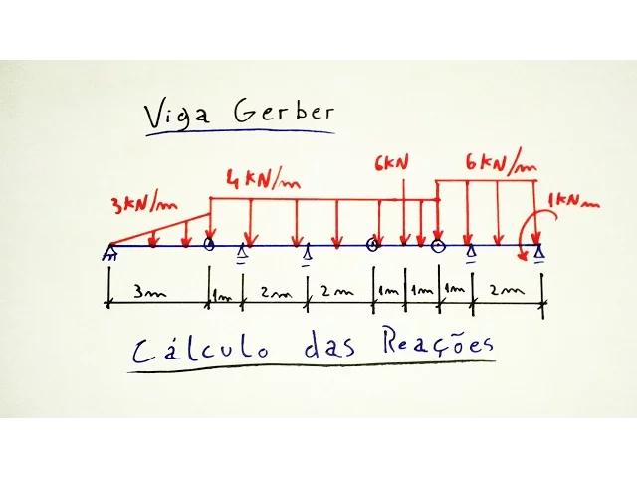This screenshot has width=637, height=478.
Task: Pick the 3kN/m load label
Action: (x=145, y=204)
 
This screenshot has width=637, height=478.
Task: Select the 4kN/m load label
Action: (x=263, y=180)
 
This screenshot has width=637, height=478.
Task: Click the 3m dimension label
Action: (x=151, y=294)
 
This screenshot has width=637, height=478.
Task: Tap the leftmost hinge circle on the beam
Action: (x=209, y=244)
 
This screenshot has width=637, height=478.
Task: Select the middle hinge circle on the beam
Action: (x=372, y=244)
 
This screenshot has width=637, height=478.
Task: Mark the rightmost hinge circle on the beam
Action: (x=438, y=244)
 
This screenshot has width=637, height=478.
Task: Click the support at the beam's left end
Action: (x=108, y=253)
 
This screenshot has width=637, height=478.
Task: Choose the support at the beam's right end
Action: (x=538, y=254)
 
